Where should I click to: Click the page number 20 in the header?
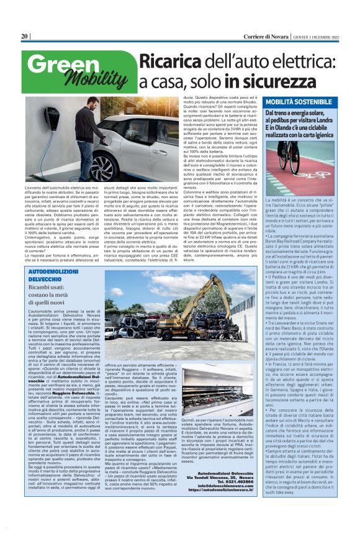coord(24,37)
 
